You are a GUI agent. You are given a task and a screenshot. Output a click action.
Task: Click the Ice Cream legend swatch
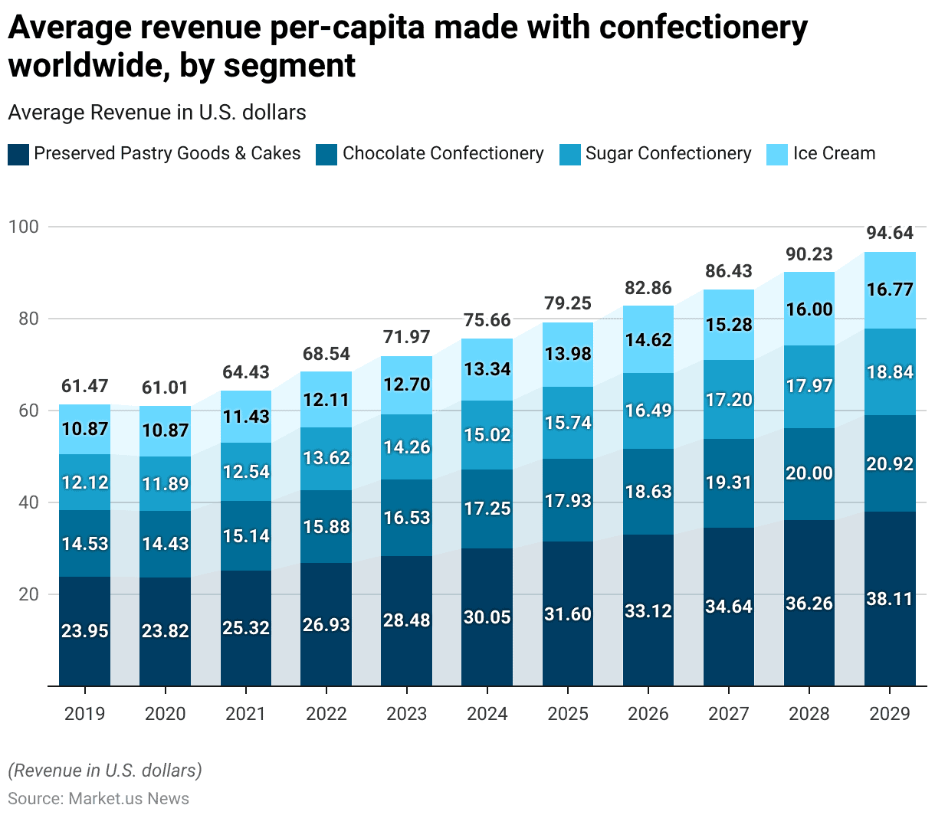pos(776,154)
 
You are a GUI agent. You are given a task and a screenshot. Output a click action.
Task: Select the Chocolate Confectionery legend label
pos(443,154)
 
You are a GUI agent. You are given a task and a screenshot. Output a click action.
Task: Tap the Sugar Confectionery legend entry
pos(668,154)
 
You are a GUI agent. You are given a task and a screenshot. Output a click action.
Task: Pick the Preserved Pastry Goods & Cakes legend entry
pos(167,154)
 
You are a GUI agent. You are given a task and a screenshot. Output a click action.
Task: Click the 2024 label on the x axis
pos(487,714)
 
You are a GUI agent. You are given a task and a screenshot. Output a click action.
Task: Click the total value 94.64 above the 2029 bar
pos(890,233)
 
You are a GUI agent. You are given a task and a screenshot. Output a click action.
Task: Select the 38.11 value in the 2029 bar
pos(890,599)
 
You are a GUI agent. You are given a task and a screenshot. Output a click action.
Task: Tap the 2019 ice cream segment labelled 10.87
pos(85,429)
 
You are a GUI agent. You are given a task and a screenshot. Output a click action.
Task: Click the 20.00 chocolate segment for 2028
pos(809,473)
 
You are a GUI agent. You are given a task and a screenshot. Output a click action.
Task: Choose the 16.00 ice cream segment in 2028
pos(809,309)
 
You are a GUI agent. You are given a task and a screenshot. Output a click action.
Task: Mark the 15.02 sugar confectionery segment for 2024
pos(487,435)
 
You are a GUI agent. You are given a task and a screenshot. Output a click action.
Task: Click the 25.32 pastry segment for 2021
pos(246,628)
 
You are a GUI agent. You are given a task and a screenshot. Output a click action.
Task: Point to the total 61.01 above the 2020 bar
pos(166,388)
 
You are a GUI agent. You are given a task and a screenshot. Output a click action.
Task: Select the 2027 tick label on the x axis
pos(729,714)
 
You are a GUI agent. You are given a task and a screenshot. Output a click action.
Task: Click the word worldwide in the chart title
pos(84,66)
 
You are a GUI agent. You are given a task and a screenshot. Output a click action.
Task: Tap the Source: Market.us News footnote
pos(98,799)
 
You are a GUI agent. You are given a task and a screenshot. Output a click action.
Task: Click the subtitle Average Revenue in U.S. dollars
pos(157,113)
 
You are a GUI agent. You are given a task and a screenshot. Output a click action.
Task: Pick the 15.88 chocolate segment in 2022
pos(326,527)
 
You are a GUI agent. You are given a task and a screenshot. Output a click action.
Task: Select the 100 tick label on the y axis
pos(24,227)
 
